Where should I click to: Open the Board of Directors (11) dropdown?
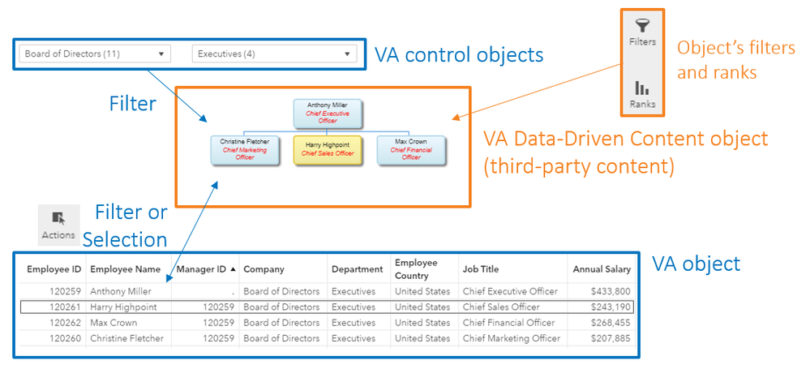[x=95, y=54]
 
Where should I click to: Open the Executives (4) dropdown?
[x=275, y=54]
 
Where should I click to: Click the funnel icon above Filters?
[x=642, y=28]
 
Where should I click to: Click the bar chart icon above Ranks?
[x=642, y=88]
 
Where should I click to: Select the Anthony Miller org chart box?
[x=328, y=114]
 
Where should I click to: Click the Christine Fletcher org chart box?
[x=245, y=149]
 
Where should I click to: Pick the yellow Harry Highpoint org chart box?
[x=328, y=149]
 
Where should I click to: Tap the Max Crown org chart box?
[x=410, y=149]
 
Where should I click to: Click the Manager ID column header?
[x=203, y=269]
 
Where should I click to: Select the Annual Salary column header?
[x=601, y=269]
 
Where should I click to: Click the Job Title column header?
[x=481, y=269]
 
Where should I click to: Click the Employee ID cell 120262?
[x=65, y=323]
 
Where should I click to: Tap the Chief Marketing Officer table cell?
[x=511, y=338]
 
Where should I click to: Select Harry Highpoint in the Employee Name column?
[x=123, y=307]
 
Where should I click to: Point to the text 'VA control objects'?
[x=458, y=55]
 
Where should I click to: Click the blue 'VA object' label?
[x=696, y=264]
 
